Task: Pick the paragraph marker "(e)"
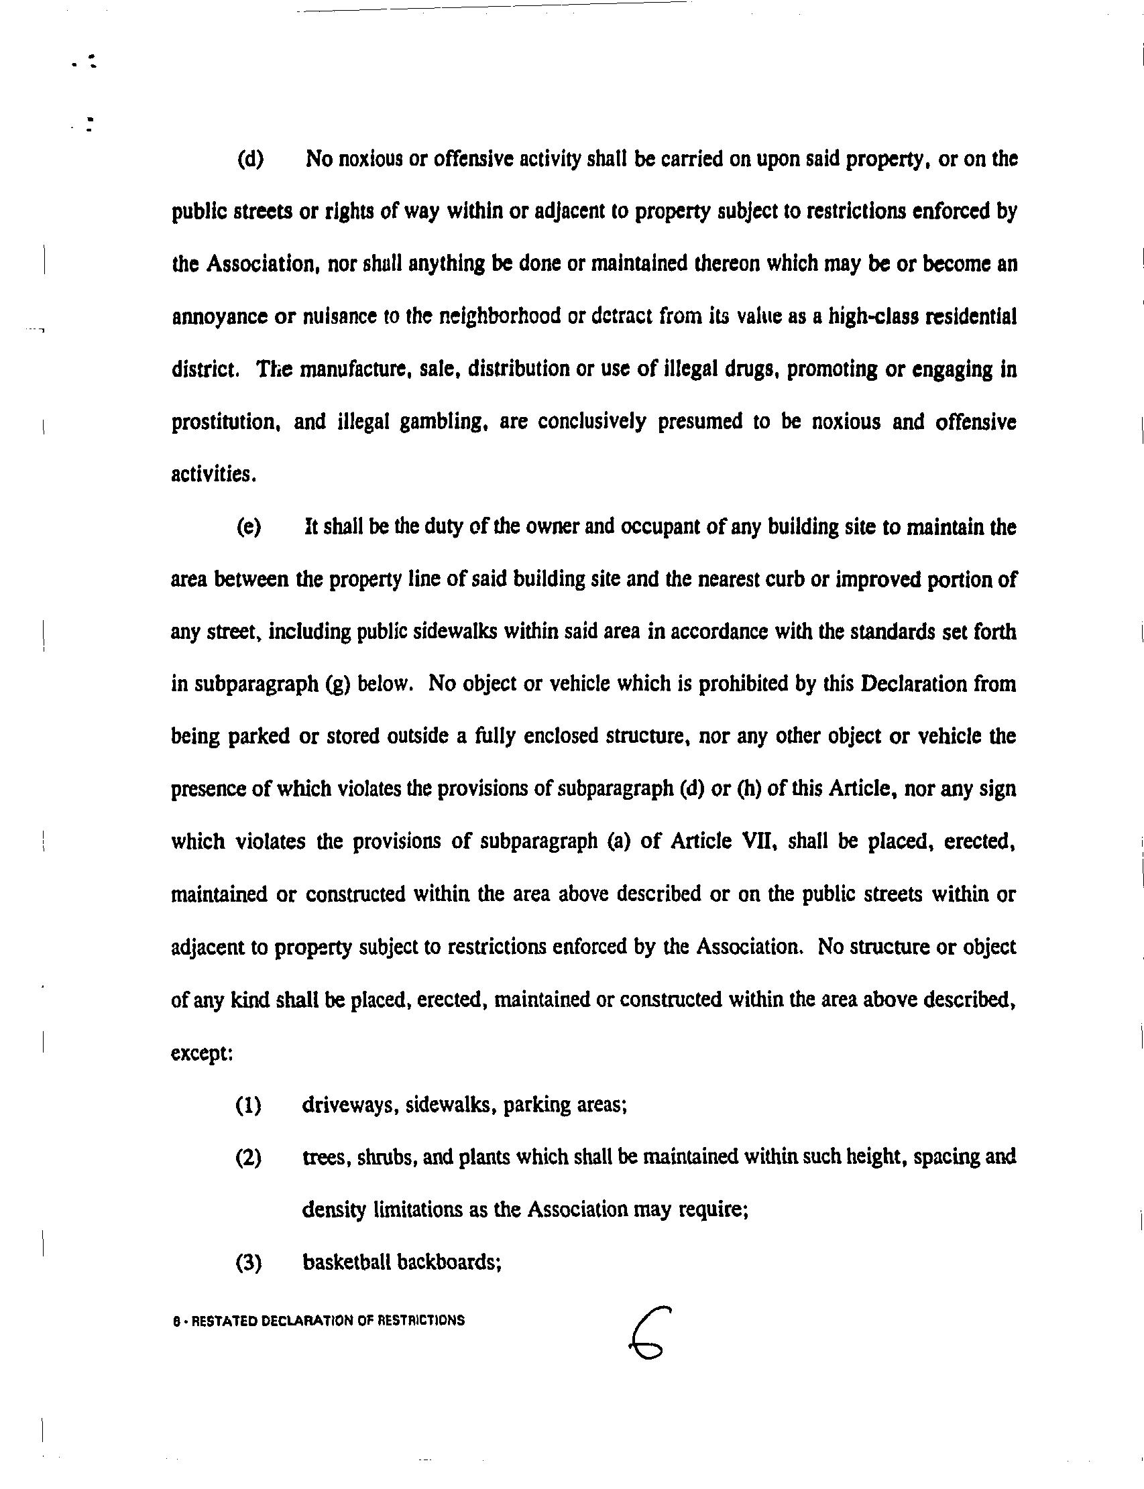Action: click(249, 527)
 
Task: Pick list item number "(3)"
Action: click(249, 1263)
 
